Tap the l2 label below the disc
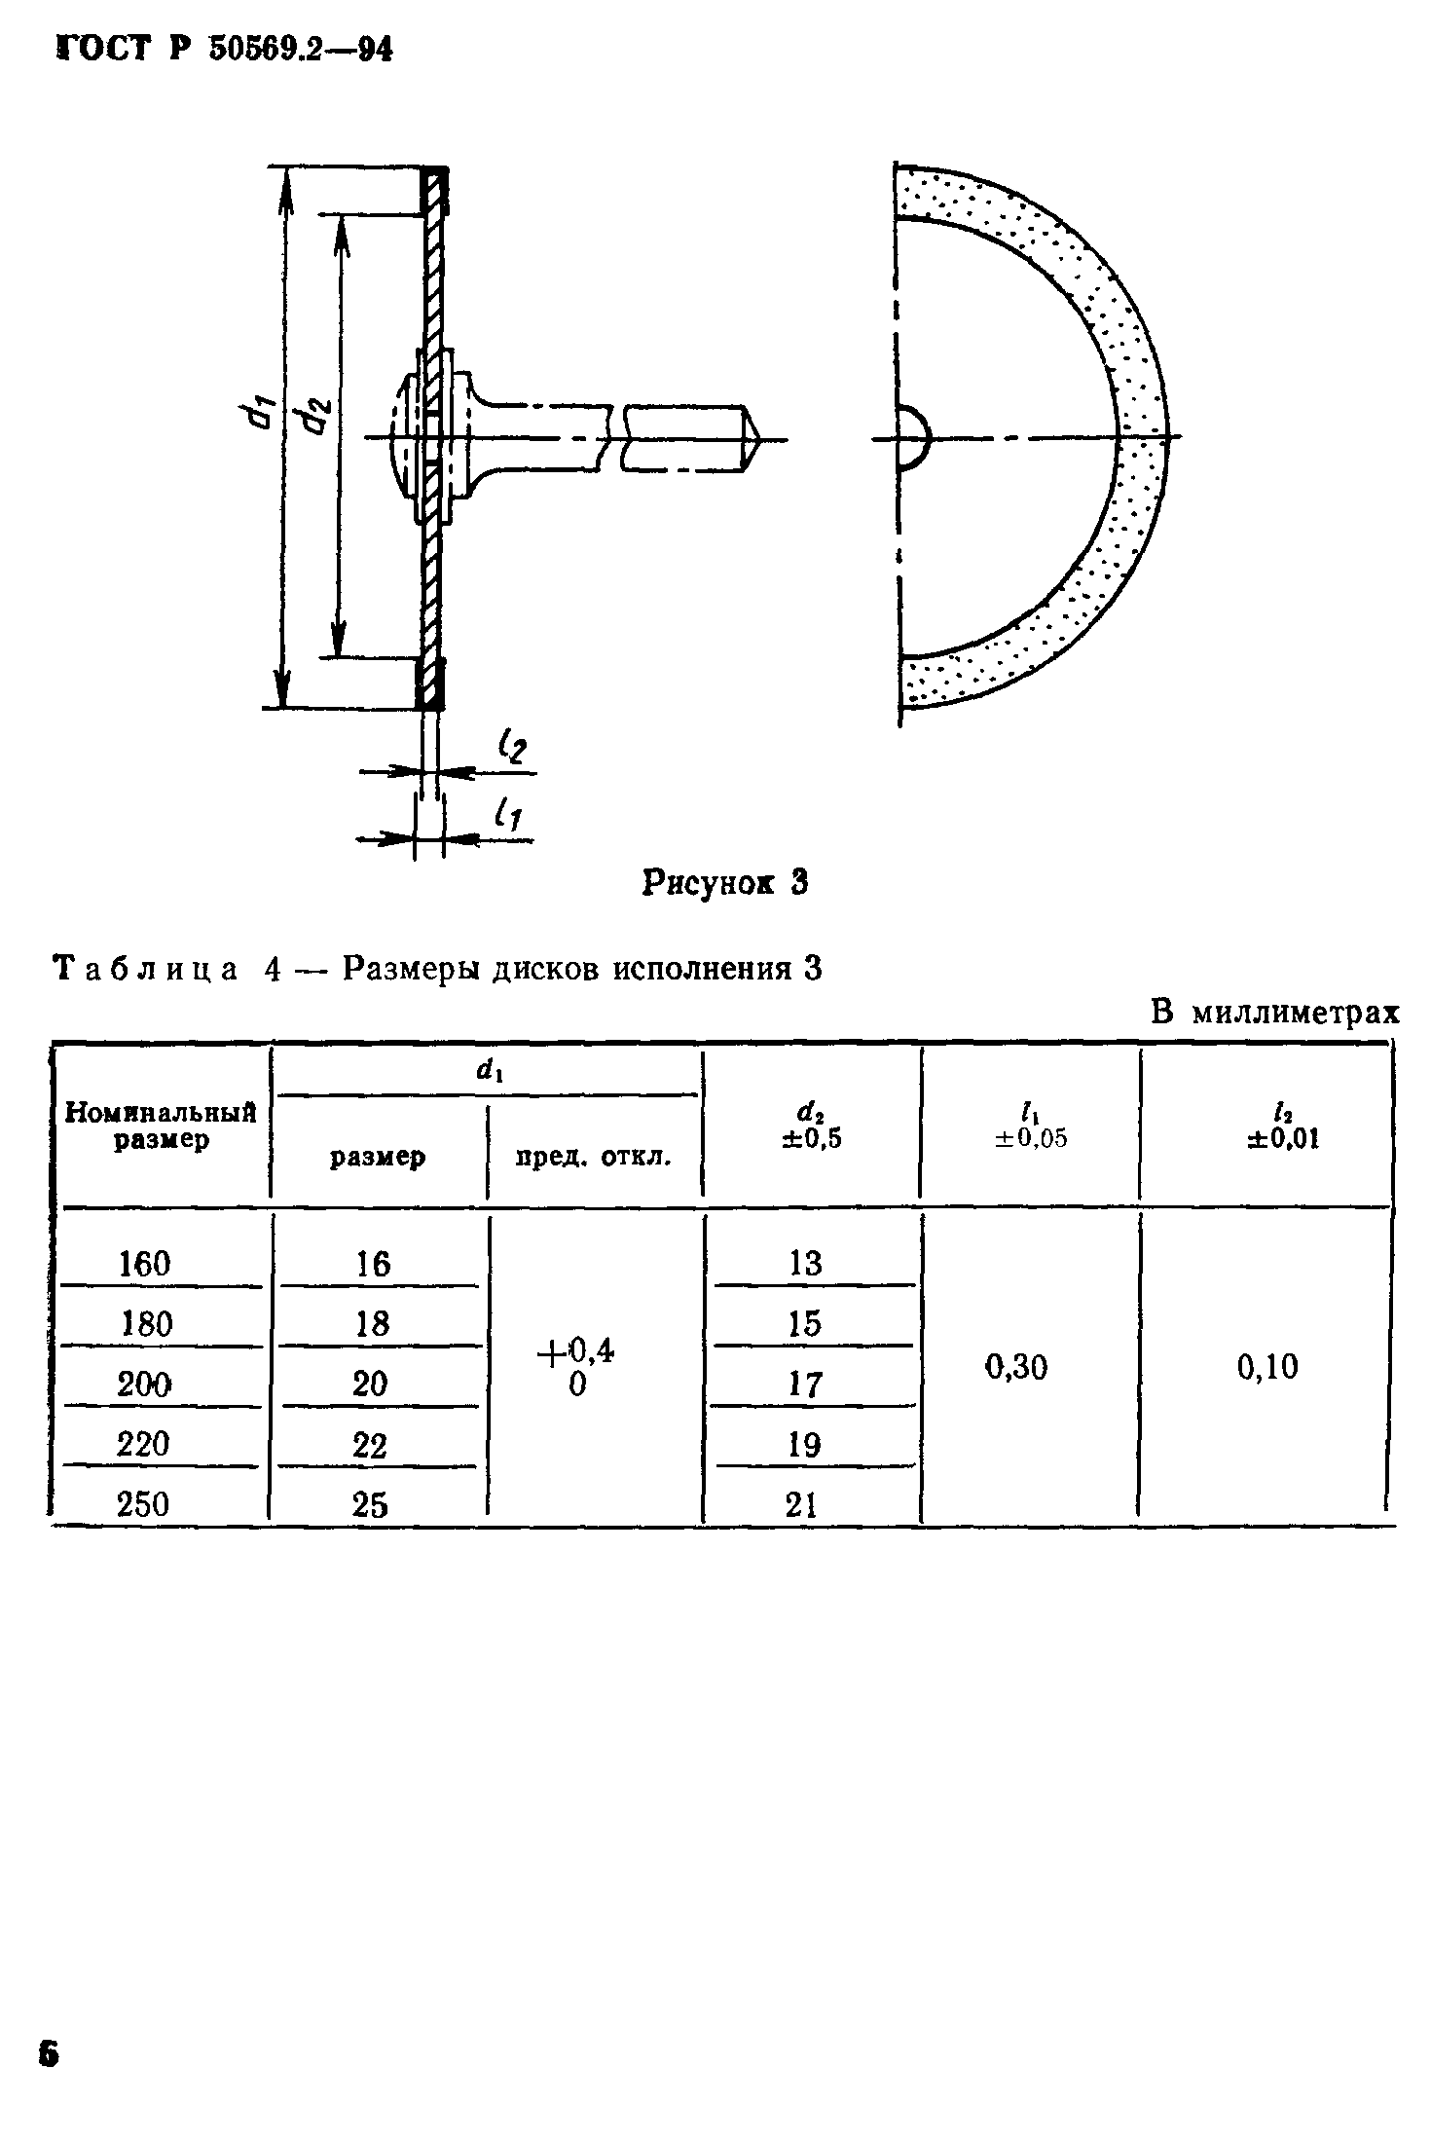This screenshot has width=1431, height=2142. (511, 749)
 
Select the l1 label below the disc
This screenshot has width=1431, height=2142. (506, 813)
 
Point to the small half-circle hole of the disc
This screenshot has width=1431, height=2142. (911, 439)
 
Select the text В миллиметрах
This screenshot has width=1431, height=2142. (1274, 1014)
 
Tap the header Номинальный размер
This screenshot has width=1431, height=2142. (161, 1126)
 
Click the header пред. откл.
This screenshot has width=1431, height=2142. (593, 1158)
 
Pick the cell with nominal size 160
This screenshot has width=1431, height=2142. (144, 1264)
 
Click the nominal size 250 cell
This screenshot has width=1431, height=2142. (143, 1504)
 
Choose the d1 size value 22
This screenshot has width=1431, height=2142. (370, 1445)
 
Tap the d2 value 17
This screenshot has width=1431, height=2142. (804, 1385)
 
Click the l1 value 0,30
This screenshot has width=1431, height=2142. (1016, 1368)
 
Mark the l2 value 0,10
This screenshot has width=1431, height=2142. (1267, 1368)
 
